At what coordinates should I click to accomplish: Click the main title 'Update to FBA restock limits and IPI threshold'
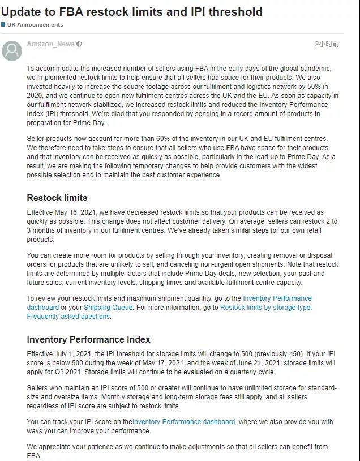(132, 11)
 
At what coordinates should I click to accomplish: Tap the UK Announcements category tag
(35, 25)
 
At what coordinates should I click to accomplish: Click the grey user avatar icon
(12, 50)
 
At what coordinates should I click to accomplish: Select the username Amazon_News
(50, 44)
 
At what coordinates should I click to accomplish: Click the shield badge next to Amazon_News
(79, 44)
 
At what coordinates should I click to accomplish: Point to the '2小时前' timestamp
(327, 44)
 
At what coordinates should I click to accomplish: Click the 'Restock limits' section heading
(57, 198)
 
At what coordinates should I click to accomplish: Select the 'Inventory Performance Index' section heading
(88, 340)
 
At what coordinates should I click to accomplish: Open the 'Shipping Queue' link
(108, 308)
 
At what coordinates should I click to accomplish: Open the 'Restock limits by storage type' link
(265, 308)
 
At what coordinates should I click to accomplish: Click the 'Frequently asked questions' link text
(68, 317)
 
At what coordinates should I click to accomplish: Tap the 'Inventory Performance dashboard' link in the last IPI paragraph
(183, 422)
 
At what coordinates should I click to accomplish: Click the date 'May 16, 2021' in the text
(78, 212)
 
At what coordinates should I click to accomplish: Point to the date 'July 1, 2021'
(75, 354)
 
